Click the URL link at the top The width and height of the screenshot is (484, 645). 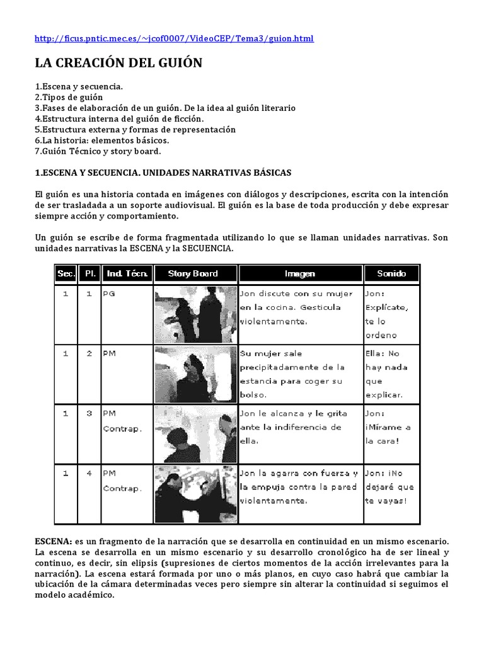[174, 38]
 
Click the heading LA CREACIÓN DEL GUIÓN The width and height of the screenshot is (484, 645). [118, 63]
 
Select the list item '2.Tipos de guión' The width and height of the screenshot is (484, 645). [69, 97]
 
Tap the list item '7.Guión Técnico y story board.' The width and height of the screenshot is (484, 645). [98, 151]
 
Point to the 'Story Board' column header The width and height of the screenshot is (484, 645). [193, 273]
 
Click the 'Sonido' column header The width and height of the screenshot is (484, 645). [391, 273]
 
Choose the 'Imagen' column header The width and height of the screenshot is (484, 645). [299, 273]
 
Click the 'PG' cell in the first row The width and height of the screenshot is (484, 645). [109, 294]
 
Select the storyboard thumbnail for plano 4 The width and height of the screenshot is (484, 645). [195, 494]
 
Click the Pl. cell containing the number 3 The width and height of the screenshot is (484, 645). [89, 413]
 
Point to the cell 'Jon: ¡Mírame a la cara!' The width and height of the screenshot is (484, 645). [391, 427]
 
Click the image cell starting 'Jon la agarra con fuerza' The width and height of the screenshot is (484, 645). [299, 487]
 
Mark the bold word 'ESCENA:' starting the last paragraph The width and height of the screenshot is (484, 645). [54, 541]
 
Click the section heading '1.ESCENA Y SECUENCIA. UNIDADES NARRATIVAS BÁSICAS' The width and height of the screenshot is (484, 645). [163, 172]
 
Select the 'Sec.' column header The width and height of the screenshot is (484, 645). [66, 273]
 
